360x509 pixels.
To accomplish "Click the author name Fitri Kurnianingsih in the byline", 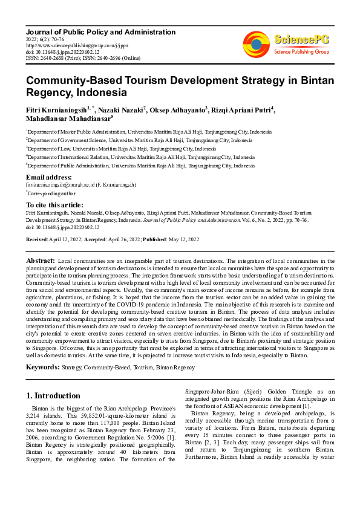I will [x=56, y=109].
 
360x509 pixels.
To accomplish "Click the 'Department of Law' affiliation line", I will [x=121, y=148].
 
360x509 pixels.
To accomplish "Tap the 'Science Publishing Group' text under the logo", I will [x=301, y=52].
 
